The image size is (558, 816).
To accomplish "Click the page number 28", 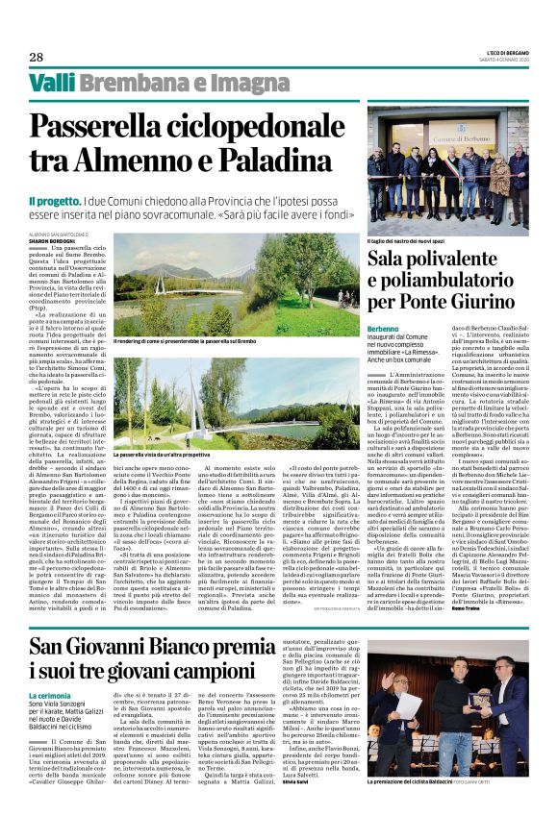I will click(36, 57).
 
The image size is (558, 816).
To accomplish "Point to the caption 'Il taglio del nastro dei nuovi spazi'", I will click(413, 239).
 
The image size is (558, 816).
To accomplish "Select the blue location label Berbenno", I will click(383, 329).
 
